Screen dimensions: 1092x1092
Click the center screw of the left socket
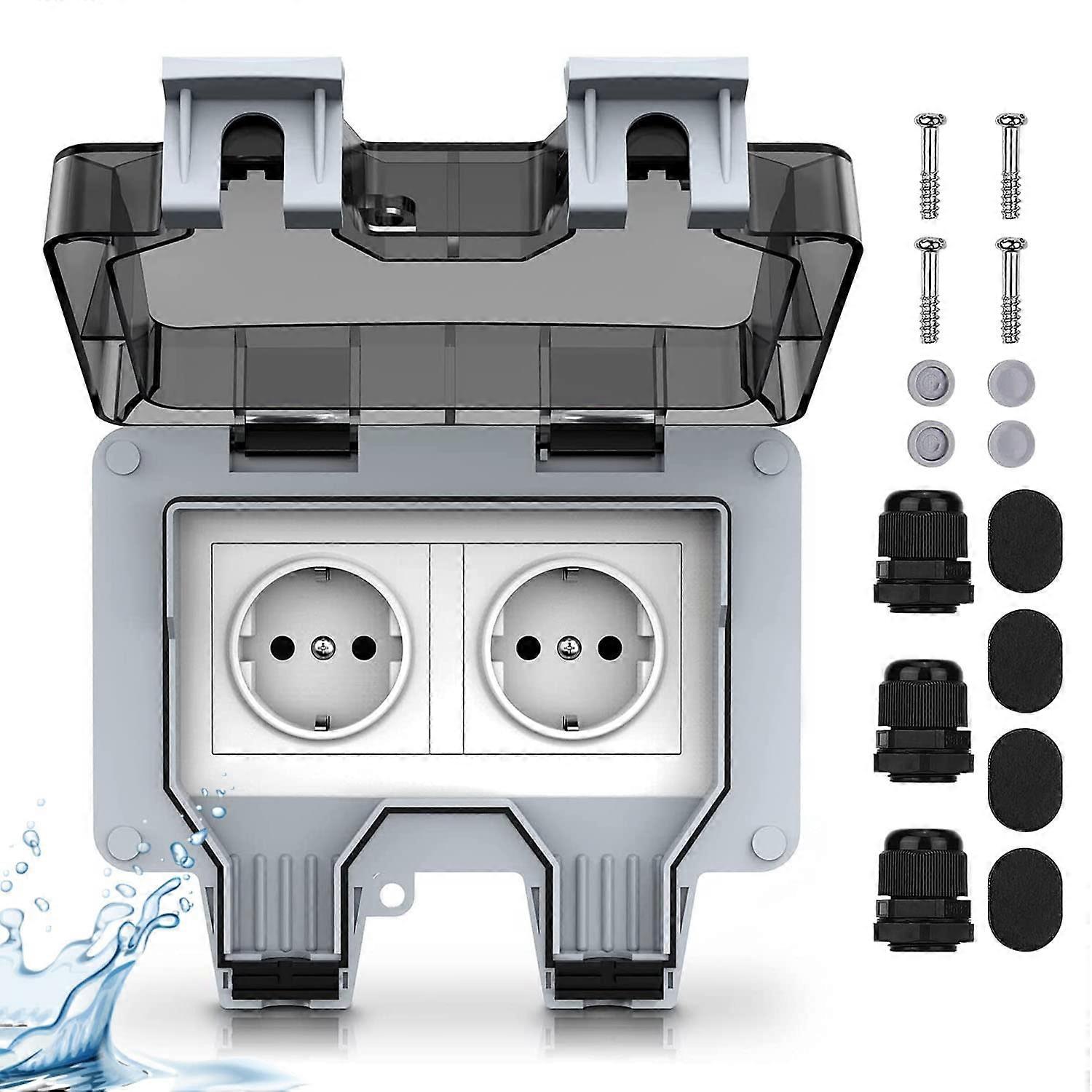pos(321,645)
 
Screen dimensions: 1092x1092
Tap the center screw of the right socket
pos(567,645)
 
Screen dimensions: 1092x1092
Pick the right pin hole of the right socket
pos(610,645)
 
